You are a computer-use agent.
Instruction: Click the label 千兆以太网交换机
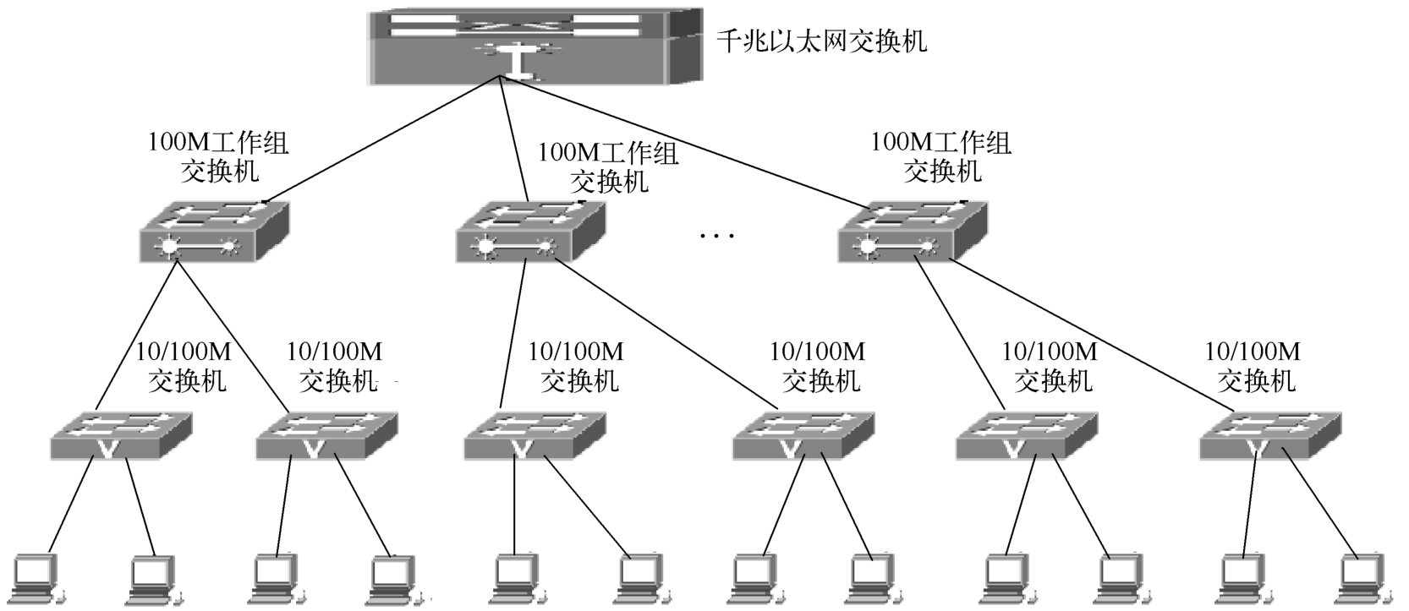[821, 41]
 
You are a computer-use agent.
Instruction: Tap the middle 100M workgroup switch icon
[530, 232]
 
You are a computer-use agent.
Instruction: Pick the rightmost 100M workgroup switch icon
[912, 232]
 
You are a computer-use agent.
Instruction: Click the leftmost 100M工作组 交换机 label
[219, 156]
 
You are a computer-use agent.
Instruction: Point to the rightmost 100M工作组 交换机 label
[941, 156]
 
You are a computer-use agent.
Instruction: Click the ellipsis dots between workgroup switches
[718, 236]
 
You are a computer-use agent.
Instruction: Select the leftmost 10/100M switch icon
[121, 436]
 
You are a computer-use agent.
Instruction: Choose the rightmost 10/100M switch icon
[1269, 436]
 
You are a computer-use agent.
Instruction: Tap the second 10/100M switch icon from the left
[326, 436]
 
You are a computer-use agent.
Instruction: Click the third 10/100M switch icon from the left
[535, 436]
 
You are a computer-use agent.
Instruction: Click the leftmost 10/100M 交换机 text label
[185, 367]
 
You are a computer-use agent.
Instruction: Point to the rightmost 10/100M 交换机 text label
[1253, 367]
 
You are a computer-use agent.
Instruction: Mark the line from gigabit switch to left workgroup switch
[381, 140]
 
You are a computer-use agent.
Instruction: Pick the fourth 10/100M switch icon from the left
[802, 436]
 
